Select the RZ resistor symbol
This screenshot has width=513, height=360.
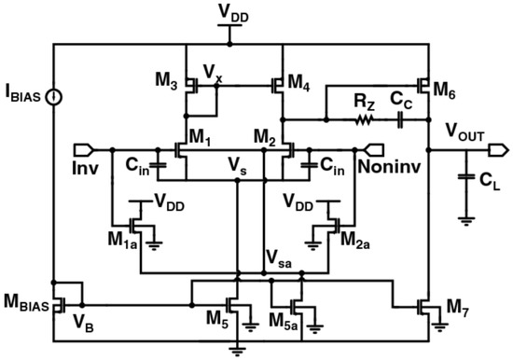[x=362, y=119]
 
